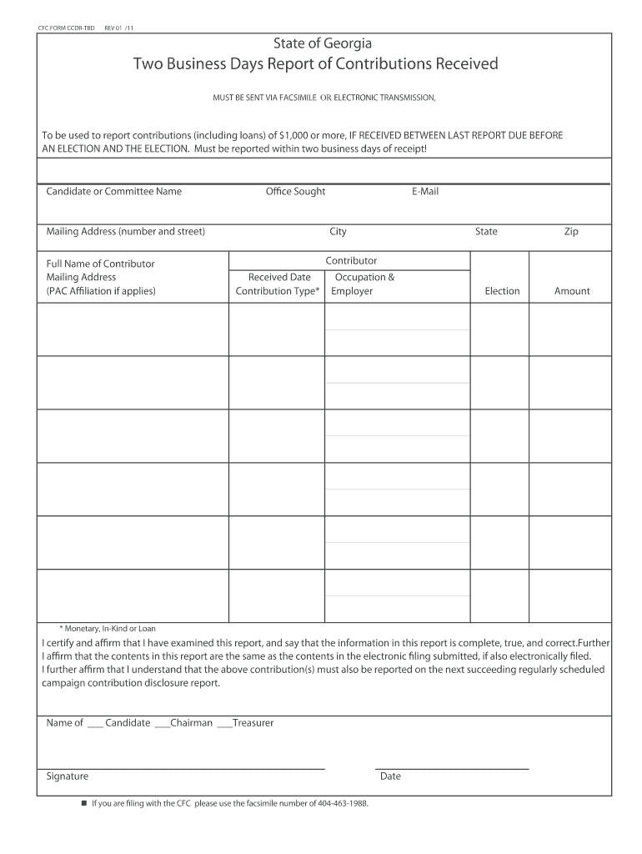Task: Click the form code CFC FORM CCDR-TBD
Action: (68, 28)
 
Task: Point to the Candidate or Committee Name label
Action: (113, 192)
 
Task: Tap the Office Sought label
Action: (295, 192)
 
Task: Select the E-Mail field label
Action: (424, 192)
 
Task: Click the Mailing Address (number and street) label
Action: (125, 232)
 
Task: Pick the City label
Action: (338, 232)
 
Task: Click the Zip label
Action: (571, 232)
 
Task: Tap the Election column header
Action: (502, 291)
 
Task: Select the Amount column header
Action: (572, 291)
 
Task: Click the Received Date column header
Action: (279, 277)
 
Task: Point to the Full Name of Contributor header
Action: (100, 264)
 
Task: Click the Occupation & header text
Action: (364, 277)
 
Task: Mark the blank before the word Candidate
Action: (94, 724)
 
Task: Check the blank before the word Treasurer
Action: (223, 724)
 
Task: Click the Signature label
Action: (68, 776)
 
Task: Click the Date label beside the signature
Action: (390, 776)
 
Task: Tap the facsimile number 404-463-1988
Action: (343, 804)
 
